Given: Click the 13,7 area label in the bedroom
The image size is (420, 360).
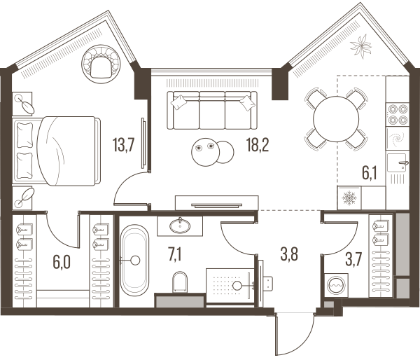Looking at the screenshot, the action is coord(123,145).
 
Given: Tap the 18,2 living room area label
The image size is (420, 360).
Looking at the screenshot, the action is coord(258,145).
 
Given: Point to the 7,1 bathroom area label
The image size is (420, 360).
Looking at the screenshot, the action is coord(175,254).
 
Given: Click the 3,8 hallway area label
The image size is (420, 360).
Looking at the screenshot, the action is coord(289,254).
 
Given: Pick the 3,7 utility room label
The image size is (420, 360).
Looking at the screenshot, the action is coord(353,259).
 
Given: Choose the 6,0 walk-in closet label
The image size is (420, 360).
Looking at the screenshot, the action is coord(62,262).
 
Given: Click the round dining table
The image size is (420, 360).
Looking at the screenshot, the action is coord(336,118).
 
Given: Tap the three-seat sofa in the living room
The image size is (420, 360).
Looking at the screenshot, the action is coord(212,110).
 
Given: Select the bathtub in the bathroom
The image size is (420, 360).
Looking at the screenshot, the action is coord(134,261).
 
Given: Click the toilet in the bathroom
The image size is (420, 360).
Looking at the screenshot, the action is coord(180,282).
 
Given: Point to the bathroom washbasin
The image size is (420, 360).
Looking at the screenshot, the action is coord(180,226).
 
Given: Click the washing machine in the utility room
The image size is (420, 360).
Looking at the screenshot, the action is coord(336,285).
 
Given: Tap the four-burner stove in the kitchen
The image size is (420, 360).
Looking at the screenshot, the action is coord(398,115).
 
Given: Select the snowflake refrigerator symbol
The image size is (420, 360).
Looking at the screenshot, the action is coord(349,198).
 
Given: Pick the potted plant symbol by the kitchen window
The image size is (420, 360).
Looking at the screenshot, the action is coord(360,46).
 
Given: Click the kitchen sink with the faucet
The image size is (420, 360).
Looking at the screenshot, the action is coord(398,162).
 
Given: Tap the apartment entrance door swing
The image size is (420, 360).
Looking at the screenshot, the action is coord(296,333).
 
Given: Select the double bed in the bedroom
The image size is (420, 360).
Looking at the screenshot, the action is coord(56,151).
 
